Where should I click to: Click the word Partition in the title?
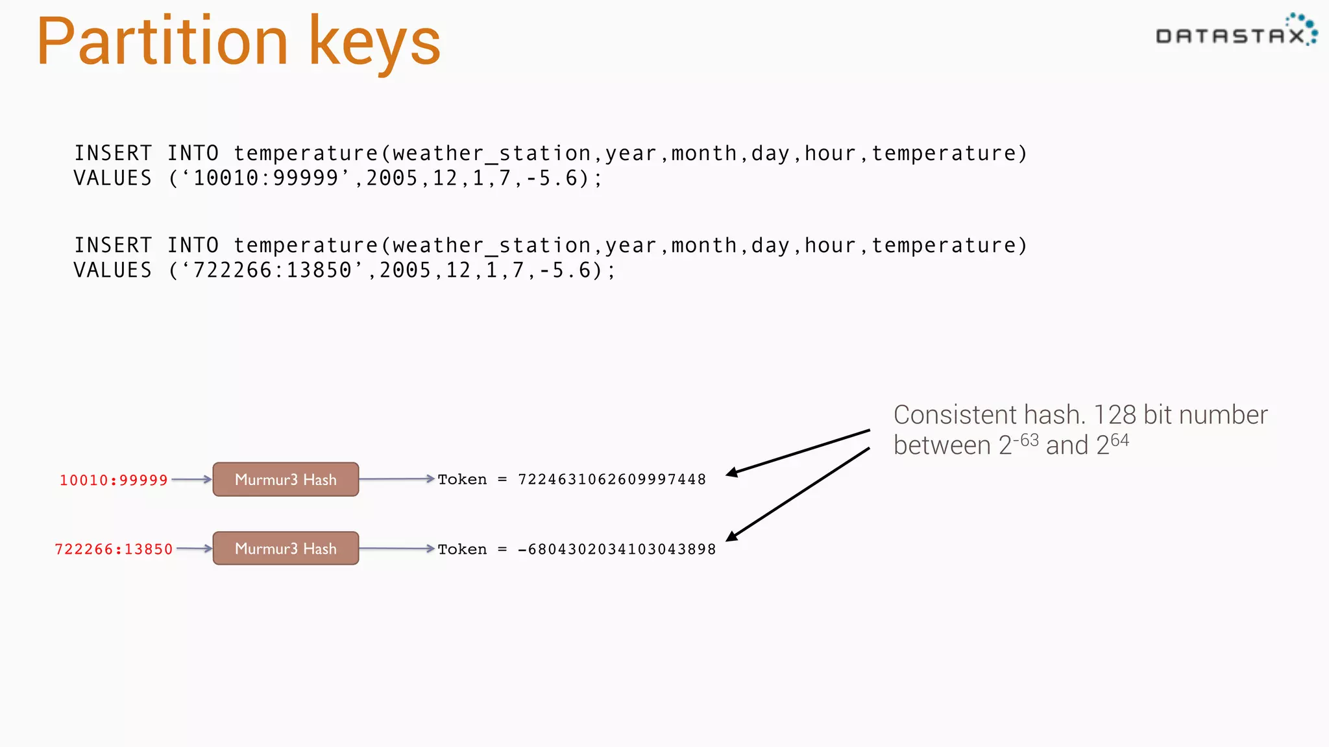click(x=162, y=42)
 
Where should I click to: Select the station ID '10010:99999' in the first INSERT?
click(x=266, y=178)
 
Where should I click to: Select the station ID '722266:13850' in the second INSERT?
click(x=273, y=270)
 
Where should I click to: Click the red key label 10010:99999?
click(x=114, y=480)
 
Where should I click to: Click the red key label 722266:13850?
click(x=114, y=550)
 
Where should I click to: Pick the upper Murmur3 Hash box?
click(x=286, y=479)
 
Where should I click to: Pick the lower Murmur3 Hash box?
click(x=286, y=549)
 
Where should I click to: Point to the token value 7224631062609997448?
click(x=611, y=480)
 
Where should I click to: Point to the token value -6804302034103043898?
click(x=616, y=550)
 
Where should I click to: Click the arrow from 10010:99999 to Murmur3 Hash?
click(x=191, y=480)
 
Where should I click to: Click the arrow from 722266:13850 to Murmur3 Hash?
click(x=194, y=549)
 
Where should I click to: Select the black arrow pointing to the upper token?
click(x=798, y=452)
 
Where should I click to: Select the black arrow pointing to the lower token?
click(x=798, y=493)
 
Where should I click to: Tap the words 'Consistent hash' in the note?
click(x=989, y=415)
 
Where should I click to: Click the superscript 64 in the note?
click(x=1119, y=440)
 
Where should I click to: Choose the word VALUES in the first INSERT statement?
click(x=113, y=178)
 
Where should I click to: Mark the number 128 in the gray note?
click(x=1115, y=415)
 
